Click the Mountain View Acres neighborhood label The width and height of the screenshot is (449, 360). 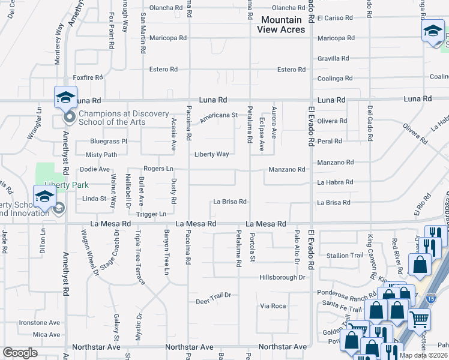tap(282, 25)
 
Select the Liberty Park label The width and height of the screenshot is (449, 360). tap(62, 185)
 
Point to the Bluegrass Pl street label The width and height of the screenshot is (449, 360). tap(109, 142)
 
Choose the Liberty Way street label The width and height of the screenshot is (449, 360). tap(211, 154)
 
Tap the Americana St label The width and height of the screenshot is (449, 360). tap(218, 115)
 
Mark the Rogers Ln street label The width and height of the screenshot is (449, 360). tap(157, 169)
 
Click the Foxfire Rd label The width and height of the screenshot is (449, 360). tap(88, 77)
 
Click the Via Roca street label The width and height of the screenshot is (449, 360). tap(273, 306)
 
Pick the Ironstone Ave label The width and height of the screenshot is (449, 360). tap(40, 323)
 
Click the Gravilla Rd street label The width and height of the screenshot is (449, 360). tap(333, 58)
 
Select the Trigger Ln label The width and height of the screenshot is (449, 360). tap(151, 214)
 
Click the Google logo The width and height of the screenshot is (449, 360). tap(20, 353)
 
